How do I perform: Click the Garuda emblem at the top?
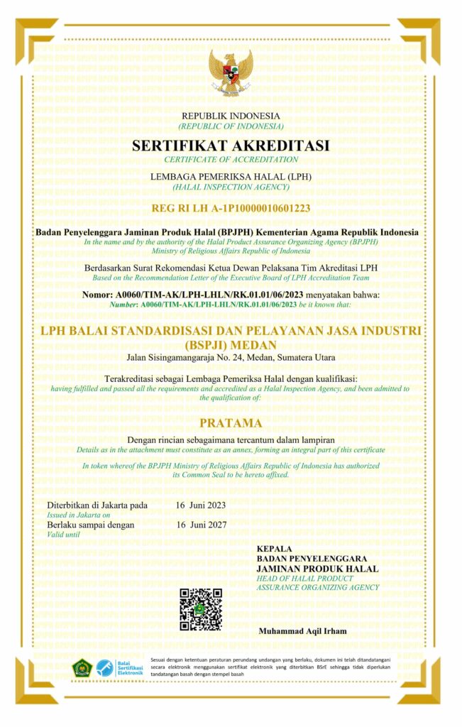[x=231, y=72]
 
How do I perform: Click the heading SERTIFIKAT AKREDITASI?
[x=231, y=146]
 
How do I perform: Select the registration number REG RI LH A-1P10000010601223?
[x=231, y=209]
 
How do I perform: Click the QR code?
[x=201, y=609]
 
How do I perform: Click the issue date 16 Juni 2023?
[x=201, y=505]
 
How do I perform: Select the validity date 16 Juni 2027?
[x=201, y=525]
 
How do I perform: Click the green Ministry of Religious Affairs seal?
[x=82, y=668]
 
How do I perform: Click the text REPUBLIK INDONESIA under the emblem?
[x=231, y=116]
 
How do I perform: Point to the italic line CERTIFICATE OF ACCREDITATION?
[x=231, y=159]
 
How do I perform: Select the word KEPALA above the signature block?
[x=275, y=550]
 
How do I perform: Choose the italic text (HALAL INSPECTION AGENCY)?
[x=231, y=187]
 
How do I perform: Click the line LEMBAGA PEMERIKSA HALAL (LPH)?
[x=231, y=175]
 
